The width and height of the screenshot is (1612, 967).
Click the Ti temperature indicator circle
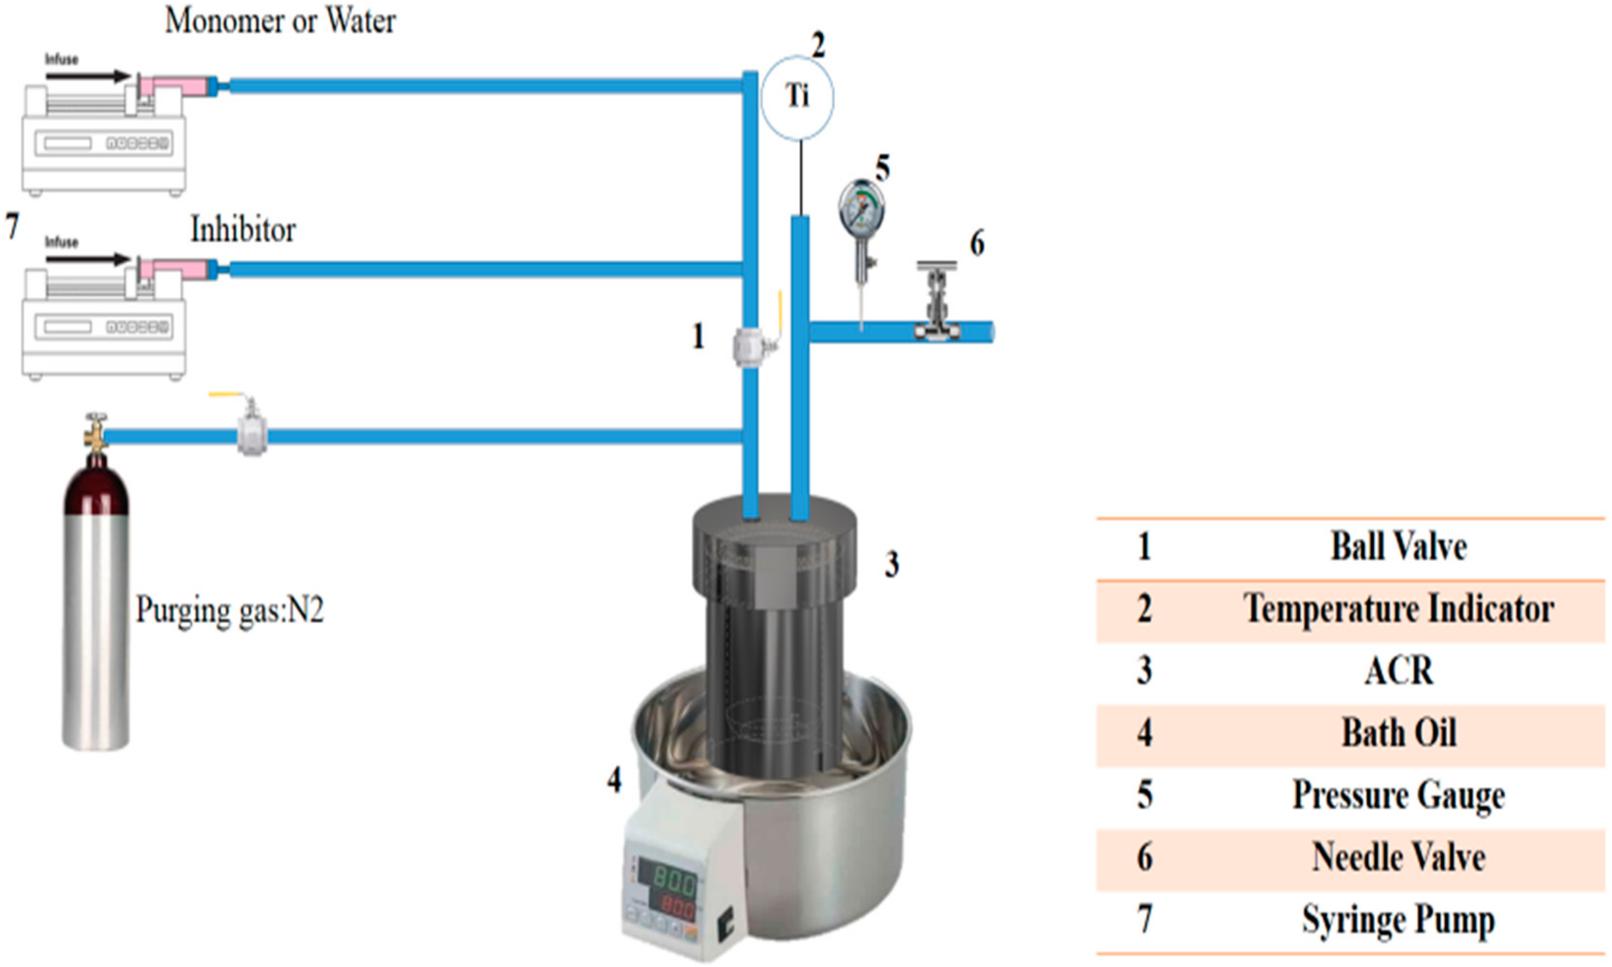click(797, 98)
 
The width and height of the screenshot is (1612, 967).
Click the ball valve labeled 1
click(751, 346)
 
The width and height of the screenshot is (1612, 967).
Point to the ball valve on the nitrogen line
click(251, 432)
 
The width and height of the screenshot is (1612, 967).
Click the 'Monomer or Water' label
click(280, 21)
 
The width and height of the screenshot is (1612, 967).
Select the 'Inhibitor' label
click(242, 230)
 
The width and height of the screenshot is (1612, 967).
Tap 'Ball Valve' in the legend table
click(1398, 546)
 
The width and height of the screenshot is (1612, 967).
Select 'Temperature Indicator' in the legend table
click(1398, 609)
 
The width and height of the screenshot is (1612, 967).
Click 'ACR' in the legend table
click(1398, 670)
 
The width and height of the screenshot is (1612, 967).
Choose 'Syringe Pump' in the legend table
click(1398, 919)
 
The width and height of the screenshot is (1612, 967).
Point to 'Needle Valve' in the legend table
click(1398, 857)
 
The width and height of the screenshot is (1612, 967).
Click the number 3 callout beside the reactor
click(892, 564)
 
